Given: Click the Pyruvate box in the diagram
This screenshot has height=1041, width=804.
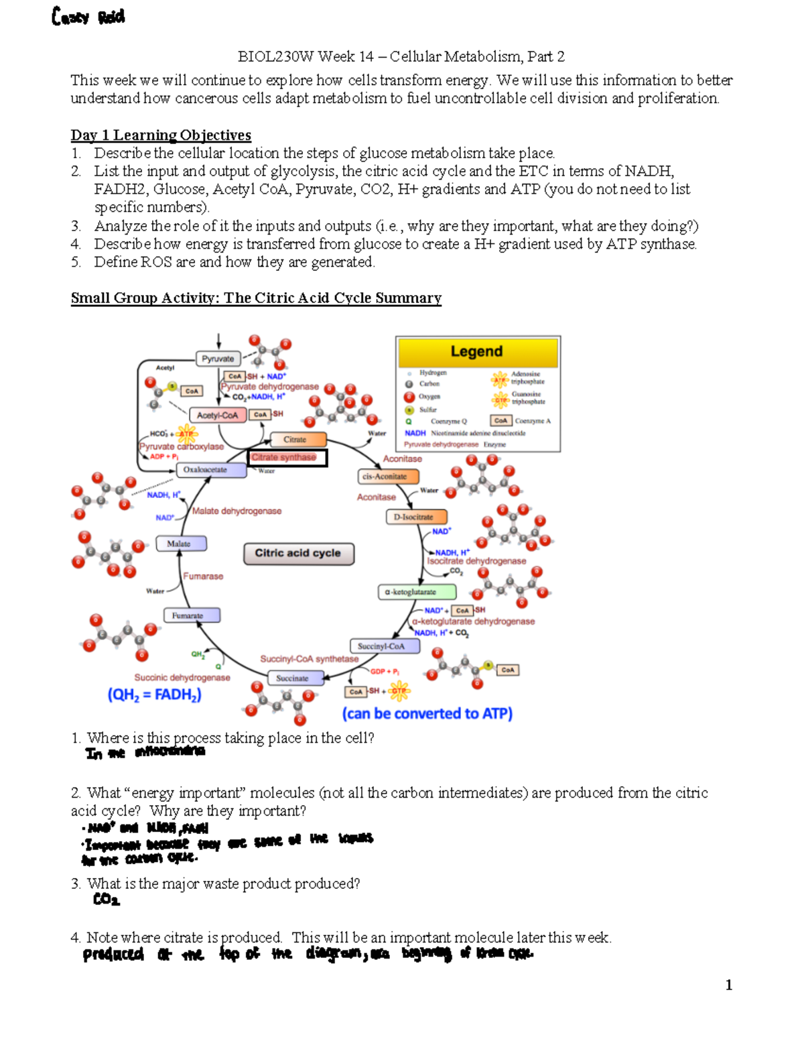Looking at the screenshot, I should pos(218,359).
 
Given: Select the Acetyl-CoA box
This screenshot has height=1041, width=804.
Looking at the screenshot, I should pos(217,416).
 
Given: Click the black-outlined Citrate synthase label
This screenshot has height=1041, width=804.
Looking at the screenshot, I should pos(287,458).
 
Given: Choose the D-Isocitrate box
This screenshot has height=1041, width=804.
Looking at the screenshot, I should pos(416,517).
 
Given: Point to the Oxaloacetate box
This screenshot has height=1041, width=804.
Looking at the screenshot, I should pos(205,470).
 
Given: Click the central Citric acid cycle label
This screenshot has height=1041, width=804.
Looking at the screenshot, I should pos(299,554).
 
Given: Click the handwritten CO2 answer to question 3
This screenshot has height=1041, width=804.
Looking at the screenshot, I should pos(106,900).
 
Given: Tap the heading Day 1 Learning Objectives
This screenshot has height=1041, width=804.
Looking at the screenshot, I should pos(161,135).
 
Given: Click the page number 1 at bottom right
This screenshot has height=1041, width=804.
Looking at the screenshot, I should pos(728,985).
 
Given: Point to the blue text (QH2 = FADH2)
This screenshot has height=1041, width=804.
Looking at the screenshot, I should pos(154,695).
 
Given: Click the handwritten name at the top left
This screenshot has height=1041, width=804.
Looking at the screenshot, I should pos(88,17).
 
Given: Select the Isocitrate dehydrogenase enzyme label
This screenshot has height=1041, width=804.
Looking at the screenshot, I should pos(476,561).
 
